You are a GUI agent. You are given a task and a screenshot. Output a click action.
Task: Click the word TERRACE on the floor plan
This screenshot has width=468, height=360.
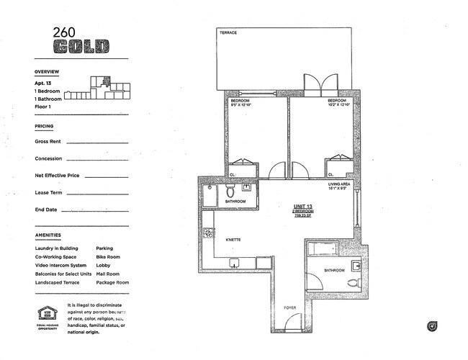[229, 32]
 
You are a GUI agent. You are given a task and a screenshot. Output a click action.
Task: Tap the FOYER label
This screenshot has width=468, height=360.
[289, 307]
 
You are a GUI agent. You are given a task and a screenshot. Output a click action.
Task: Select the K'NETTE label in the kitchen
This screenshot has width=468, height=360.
[233, 239]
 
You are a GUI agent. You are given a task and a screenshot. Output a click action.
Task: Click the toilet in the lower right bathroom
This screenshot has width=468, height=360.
[354, 282]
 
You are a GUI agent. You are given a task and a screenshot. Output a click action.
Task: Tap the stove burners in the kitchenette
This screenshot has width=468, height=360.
[208, 233]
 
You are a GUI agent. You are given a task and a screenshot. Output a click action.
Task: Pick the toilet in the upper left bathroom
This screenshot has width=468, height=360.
[230, 192]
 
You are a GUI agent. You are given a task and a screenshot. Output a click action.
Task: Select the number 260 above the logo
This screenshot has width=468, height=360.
[63, 32]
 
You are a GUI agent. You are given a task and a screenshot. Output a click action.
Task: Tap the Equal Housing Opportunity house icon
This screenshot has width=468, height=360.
[46, 314]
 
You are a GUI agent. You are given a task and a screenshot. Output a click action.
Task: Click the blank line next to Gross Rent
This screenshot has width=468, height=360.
[96, 143]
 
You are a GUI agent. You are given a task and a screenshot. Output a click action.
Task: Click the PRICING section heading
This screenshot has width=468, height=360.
[44, 126]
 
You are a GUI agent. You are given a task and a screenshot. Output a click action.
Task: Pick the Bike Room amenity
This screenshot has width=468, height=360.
[108, 256]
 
